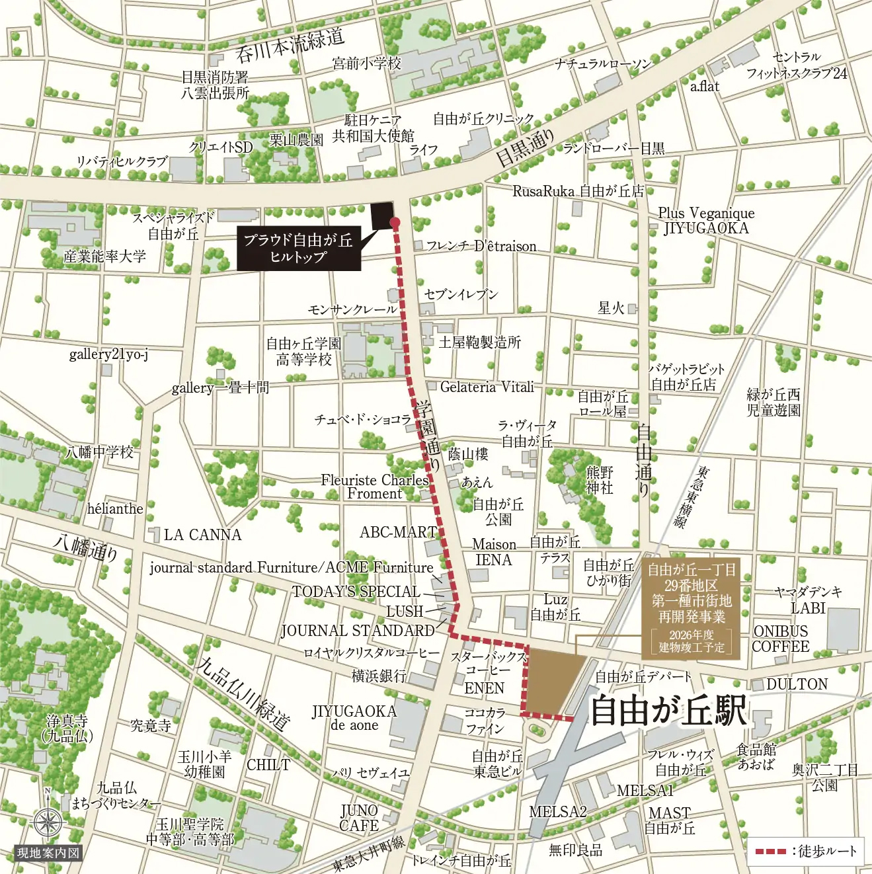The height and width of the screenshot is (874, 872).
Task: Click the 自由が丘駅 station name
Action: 668,711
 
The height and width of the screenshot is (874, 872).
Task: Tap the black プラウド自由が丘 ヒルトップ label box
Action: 298,248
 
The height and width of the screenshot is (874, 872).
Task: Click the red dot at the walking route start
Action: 395,222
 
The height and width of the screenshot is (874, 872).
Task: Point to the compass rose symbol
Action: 48,823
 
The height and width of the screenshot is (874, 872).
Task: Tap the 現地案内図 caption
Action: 48,853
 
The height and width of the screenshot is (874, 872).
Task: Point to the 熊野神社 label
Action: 600,480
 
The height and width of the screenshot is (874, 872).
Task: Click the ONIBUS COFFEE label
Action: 780,639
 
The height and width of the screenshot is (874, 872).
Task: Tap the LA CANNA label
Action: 202,535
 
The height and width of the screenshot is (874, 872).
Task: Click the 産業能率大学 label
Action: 105,257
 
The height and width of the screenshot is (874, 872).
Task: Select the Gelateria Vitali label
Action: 487,387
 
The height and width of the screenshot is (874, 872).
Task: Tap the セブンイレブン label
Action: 461,294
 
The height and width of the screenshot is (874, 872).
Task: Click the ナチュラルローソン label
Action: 603,63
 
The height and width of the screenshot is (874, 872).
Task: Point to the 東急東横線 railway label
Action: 691,496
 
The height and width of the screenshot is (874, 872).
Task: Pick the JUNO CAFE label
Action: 359,818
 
